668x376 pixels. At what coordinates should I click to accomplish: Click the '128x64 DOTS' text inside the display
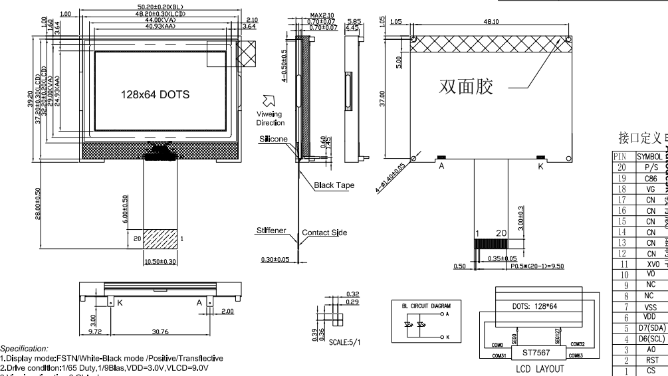click(154, 94)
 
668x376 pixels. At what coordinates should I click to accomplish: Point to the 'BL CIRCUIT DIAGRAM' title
click(426, 306)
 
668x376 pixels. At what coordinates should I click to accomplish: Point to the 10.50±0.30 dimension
click(160, 281)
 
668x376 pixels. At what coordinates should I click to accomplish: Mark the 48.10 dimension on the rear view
click(492, 22)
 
